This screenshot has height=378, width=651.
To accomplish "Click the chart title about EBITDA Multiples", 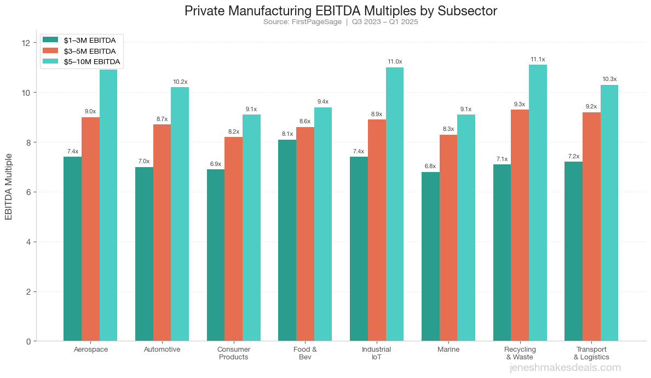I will click(341, 11).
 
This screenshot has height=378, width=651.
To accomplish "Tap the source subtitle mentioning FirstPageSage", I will click(341, 22).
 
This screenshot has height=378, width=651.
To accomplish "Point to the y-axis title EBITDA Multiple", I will click(9, 187).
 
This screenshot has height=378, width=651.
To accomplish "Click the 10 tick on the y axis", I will click(26, 92).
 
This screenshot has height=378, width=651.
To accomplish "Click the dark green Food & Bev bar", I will click(287, 240).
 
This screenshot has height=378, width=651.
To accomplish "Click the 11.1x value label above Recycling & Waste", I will click(538, 59).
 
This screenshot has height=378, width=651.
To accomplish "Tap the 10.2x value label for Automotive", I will click(180, 82).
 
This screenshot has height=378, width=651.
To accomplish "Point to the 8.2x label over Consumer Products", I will click(233, 131).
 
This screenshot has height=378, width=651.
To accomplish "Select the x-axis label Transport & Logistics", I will click(591, 353).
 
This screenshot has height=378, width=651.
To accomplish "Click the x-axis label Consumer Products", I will click(234, 353).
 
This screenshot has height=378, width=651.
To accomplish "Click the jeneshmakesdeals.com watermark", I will click(565, 368).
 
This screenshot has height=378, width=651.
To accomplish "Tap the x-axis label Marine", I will click(448, 349).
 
